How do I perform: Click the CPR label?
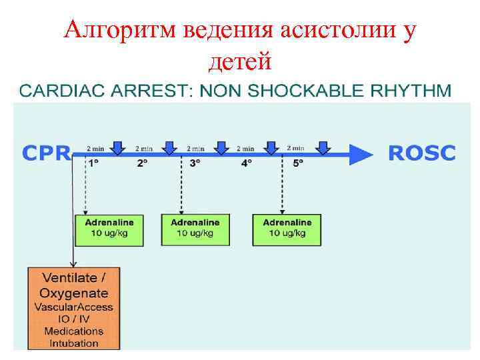[x=45, y=153]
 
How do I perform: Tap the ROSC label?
[x=421, y=153]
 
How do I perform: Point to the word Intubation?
[x=73, y=343]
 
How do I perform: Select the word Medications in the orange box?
[x=73, y=331]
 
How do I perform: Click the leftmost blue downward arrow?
[x=118, y=147]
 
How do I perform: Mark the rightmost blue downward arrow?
[x=323, y=147]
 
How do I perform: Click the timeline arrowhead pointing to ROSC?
[x=362, y=155]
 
